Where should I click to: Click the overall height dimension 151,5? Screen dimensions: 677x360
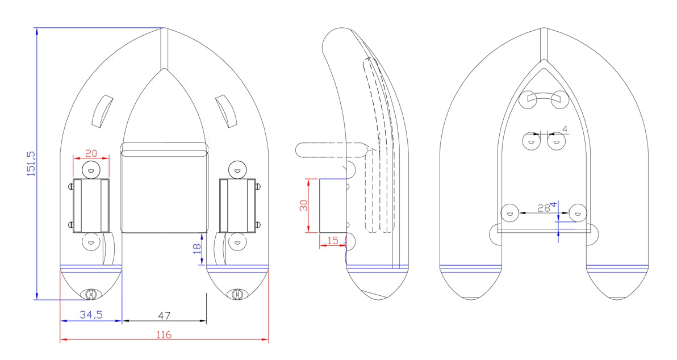(x=32, y=163)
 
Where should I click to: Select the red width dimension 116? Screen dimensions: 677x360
(x=164, y=334)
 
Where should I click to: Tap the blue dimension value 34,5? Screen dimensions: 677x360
(x=91, y=315)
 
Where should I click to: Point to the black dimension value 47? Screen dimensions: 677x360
(x=164, y=316)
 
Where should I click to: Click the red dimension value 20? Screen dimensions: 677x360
(x=91, y=153)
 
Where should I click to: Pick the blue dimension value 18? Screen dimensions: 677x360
(x=197, y=249)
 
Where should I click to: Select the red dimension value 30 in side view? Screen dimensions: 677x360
(x=304, y=205)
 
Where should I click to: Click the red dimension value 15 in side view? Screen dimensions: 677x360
(x=333, y=240)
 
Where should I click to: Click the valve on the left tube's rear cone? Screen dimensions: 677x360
(x=91, y=294)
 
